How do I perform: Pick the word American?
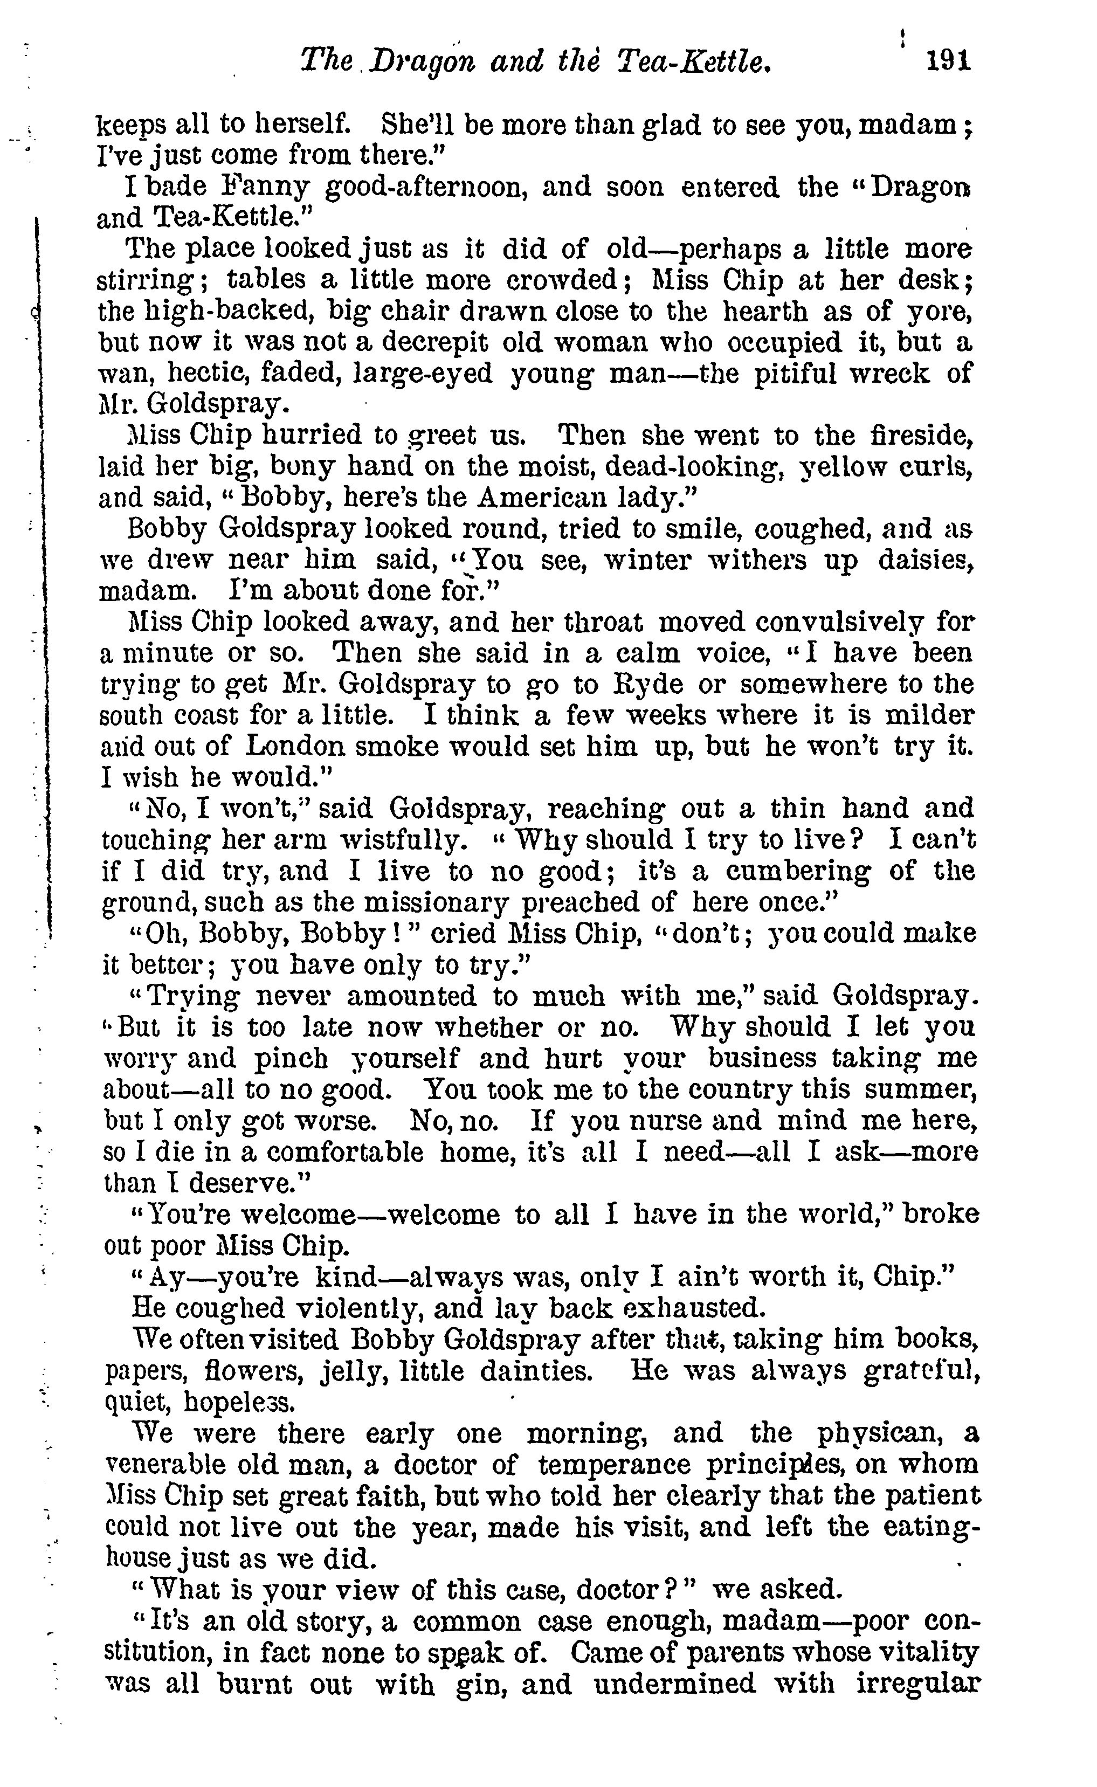(x=543, y=498)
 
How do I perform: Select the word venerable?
(x=162, y=1465)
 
